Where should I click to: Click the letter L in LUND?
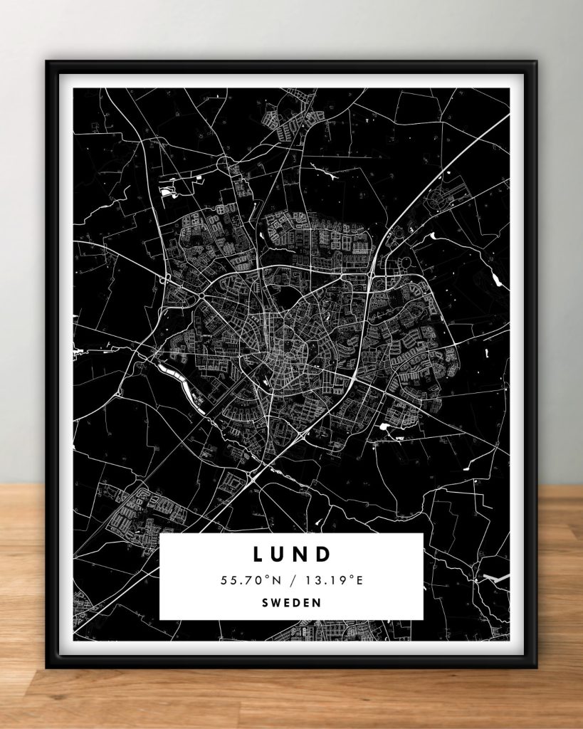257,554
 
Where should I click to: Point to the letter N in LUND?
302,554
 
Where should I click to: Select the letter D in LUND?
324,554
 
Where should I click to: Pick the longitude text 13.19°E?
335,580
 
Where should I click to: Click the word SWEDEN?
291,602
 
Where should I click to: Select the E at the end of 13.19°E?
359,580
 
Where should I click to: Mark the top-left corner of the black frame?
47,61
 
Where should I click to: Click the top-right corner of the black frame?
536,61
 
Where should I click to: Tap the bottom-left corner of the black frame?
47,668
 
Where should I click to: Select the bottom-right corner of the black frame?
536,668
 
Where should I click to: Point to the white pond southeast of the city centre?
387,427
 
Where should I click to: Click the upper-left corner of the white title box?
160,534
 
